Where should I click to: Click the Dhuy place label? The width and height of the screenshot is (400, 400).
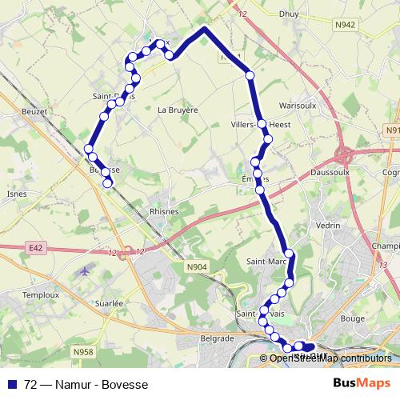click(289, 14)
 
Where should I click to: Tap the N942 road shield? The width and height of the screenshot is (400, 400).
click(346, 26)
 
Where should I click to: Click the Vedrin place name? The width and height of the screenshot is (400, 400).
click(328, 226)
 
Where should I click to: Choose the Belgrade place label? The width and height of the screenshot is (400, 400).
click(217, 339)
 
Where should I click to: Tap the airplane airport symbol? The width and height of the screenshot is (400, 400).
click(84, 271)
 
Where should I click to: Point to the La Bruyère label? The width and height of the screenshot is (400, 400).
click(177, 110)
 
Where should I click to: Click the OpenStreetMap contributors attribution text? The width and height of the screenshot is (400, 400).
click(330, 358)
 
